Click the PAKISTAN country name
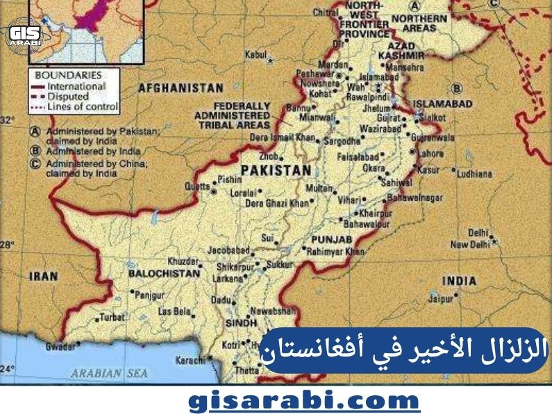[275, 170]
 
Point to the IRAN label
[43, 276]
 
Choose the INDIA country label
[460, 281]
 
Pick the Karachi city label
[190, 360]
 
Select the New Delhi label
[471, 245]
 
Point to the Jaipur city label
[440, 300]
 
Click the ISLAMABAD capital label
[442, 104]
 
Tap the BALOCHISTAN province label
[164, 274]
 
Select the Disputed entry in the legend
[72, 97]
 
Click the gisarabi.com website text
[305, 400]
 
